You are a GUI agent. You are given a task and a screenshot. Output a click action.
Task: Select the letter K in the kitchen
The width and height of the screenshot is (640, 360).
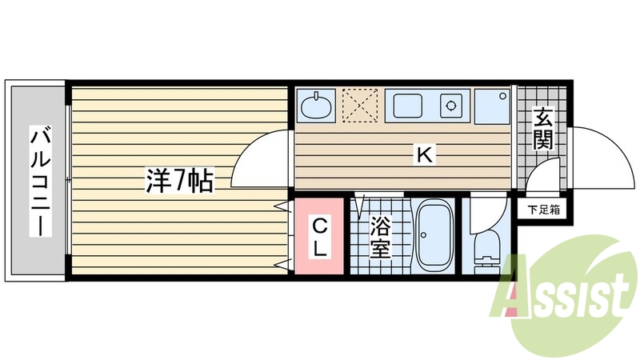[424, 154]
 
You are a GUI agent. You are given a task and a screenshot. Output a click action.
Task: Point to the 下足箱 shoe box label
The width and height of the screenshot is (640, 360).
[543, 210]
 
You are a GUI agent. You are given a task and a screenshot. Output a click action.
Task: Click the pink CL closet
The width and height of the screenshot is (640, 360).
[318, 236]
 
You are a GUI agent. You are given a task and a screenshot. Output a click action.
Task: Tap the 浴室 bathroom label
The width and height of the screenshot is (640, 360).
[380, 238]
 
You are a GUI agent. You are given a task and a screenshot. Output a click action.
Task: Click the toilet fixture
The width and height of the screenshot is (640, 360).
[486, 248]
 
